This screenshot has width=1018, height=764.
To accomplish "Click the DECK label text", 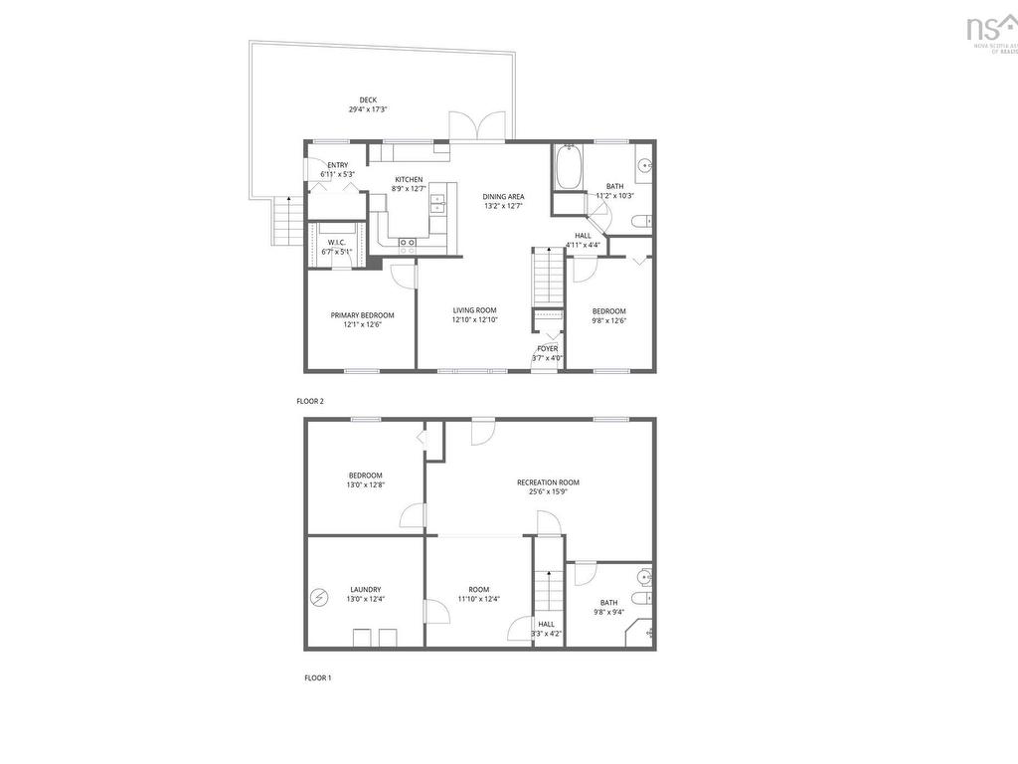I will tap(368, 99).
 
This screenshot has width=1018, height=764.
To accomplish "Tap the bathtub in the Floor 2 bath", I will tap(570, 168).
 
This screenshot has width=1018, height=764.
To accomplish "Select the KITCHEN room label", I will tap(410, 179).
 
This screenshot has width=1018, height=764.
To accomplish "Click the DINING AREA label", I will tap(503, 196).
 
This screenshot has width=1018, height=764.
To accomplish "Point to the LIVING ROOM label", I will tap(474, 310).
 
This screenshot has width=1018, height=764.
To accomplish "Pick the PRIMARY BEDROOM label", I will tap(362, 315).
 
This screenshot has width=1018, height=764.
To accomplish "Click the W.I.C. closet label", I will tap(336, 243).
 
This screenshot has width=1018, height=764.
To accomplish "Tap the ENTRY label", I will tap(338, 165).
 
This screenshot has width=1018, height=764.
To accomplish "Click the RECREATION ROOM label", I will tap(548, 482).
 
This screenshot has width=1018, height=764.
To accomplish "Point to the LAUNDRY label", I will tap(365, 589).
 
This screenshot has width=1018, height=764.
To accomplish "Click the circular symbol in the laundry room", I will tap(319, 597).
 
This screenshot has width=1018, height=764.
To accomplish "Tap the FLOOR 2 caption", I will tap(310, 402).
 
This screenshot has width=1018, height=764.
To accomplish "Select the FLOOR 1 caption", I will tap(317, 677).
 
